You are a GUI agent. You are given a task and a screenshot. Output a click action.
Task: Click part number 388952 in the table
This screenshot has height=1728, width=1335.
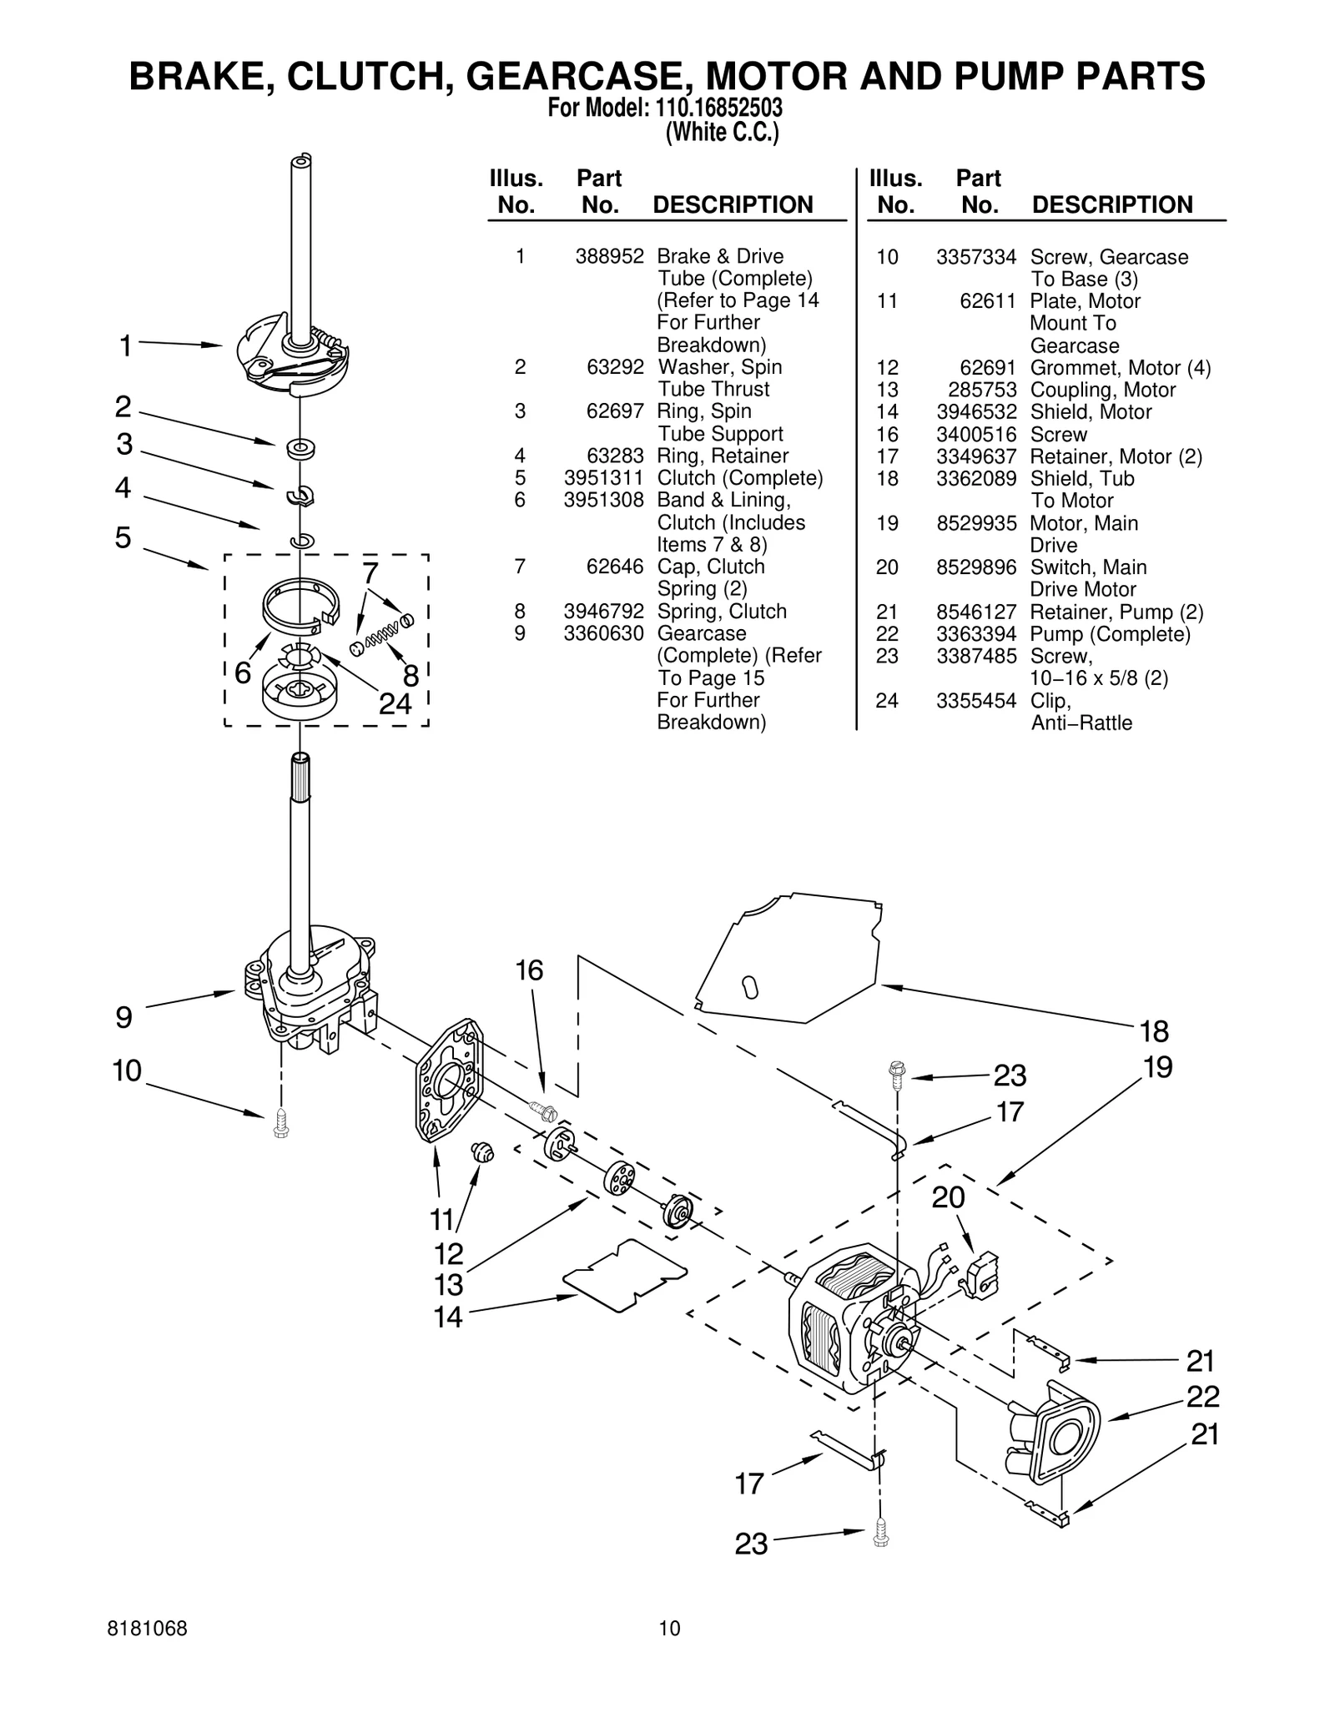tap(609, 256)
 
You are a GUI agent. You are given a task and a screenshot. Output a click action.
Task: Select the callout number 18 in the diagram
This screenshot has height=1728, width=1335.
tap(1154, 1032)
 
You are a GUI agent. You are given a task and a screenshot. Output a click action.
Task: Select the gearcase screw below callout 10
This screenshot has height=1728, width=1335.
tap(280, 1123)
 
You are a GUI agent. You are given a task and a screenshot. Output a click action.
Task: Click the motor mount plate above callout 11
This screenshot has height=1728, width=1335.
tap(450, 1081)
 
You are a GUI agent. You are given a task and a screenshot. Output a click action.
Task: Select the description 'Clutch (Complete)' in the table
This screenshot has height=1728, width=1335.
tap(739, 478)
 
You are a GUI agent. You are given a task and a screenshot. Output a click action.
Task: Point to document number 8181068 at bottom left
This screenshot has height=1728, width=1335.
tap(148, 1628)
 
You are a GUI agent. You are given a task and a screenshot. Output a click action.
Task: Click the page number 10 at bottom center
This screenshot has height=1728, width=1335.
tap(669, 1628)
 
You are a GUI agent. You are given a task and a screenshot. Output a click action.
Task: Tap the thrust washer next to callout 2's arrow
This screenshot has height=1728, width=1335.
tap(299, 449)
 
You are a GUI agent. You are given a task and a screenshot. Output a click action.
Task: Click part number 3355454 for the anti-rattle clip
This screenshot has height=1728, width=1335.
tap(976, 701)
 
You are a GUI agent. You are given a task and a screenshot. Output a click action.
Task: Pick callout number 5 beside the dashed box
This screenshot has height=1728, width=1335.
tap(123, 537)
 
